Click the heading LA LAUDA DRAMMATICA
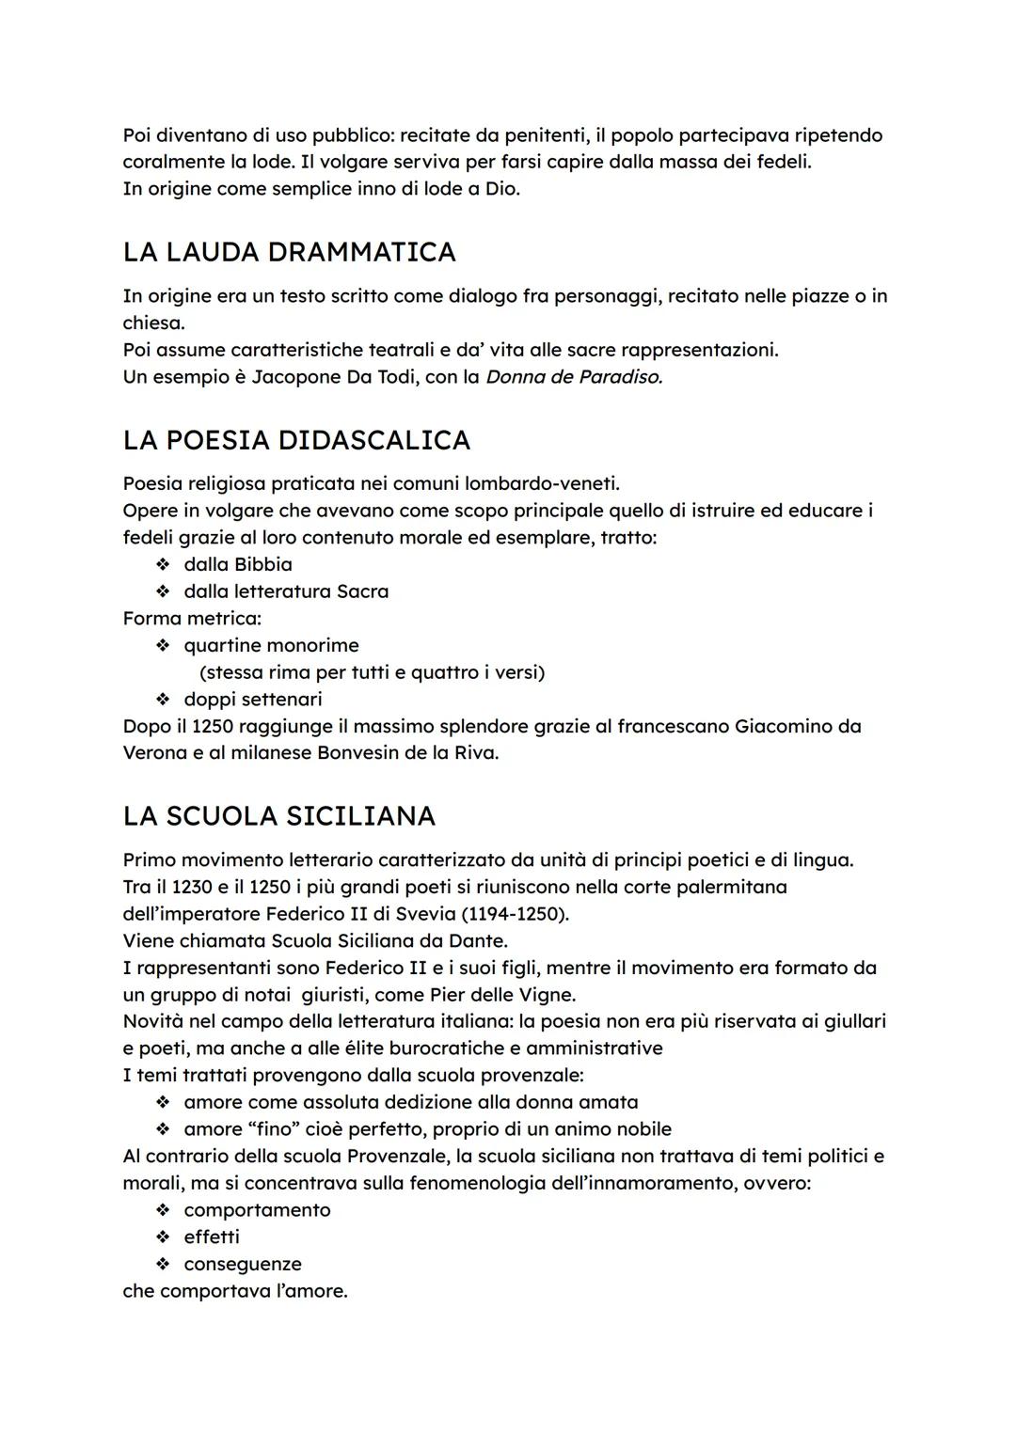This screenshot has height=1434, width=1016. tap(289, 252)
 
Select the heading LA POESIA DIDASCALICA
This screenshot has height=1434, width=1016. tap(296, 440)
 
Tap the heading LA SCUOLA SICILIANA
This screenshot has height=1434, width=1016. tap(278, 815)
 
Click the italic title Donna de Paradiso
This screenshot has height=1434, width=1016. tap(574, 377)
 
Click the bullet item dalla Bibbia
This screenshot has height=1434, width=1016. tap(237, 564)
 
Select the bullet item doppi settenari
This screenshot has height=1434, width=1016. tap(252, 699)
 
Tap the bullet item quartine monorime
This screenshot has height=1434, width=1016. tap(271, 645)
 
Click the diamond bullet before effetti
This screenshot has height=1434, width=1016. tap(163, 1237)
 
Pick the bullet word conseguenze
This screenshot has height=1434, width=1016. tap(242, 1264)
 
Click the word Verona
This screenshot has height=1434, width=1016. tap(155, 753)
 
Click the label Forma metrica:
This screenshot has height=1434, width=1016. tap(192, 618)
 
